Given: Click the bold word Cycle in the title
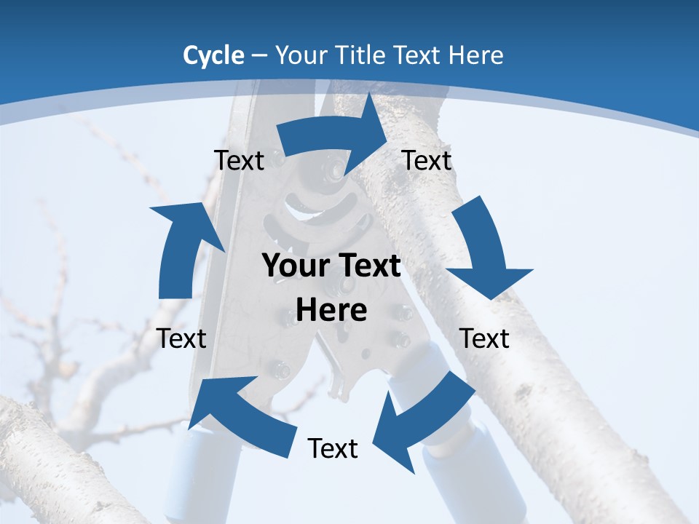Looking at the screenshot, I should (x=213, y=55).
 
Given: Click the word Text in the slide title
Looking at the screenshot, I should (x=417, y=55).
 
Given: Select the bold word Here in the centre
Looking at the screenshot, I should (x=331, y=311).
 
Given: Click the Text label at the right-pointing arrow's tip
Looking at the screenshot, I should (x=427, y=160).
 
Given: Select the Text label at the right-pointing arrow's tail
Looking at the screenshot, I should (x=239, y=160).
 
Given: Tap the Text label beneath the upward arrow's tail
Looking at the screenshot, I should (x=181, y=338).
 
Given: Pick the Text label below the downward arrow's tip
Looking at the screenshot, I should (x=484, y=338).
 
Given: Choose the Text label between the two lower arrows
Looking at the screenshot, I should (x=333, y=449).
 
